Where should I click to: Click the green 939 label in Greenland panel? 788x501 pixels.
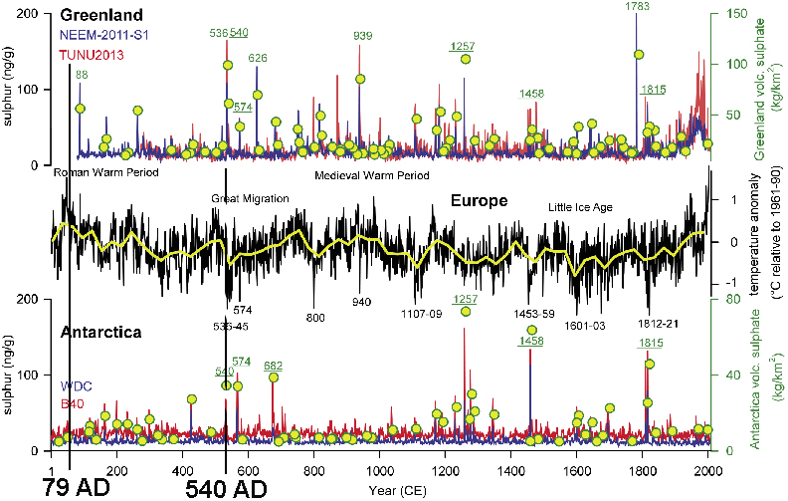point(364,37)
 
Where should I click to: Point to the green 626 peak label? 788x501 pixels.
point(258,58)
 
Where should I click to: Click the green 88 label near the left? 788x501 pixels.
point(81,75)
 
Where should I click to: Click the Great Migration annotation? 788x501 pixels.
point(250,198)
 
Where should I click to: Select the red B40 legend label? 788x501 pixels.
point(73,403)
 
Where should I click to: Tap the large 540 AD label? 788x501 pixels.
point(228,488)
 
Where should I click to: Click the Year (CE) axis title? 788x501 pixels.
point(395,490)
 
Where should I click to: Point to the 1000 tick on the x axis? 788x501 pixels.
point(380,470)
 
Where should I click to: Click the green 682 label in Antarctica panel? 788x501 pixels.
point(273,366)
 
